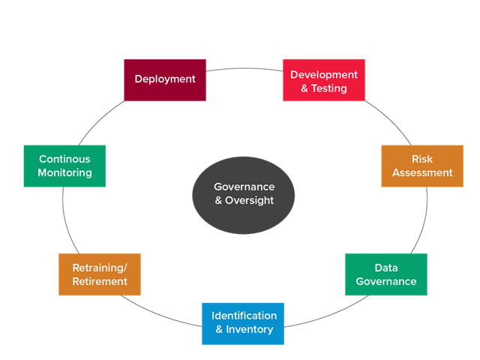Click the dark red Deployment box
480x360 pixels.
tap(165, 79)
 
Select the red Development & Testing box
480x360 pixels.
tap(324, 79)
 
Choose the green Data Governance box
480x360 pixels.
tap(386, 274)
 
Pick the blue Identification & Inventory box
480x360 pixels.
tap(243, 323)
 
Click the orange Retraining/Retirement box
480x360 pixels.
tap(100, 274)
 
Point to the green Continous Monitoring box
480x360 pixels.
tap(64, 166)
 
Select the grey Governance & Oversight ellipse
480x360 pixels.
tap(244, 194)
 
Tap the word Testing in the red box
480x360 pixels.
tap(329, 88)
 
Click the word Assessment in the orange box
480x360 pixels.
tap(422, 172)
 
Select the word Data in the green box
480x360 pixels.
tap(386, 268)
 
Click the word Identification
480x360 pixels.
tap(244, 316)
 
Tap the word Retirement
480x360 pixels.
tap(100, 282)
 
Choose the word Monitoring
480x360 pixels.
tap(64, 173)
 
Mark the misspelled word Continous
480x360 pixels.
tap(64, 159)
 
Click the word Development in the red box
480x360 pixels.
tap(324, 75)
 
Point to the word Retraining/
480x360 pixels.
tap(100, 268)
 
